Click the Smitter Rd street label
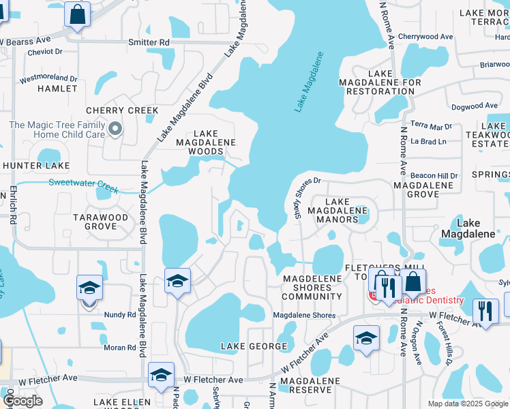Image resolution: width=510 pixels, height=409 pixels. tap(149, 42)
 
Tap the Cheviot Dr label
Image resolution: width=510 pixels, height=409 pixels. tap(41, 50)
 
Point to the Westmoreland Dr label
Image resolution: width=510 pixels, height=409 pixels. tap(48, 78)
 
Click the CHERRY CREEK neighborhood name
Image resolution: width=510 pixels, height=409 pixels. tap(122, 110)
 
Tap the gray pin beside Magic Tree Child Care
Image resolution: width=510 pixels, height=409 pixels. tap(115, 128)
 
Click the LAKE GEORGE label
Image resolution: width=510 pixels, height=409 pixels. tap(254, 346)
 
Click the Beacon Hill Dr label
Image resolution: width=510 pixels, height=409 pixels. tap(434, 176)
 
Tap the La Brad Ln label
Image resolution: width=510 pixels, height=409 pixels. tap(428, 142)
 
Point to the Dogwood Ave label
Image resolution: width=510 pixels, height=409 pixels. tap(475, 106)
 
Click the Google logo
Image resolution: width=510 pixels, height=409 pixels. tap(22, 401)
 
